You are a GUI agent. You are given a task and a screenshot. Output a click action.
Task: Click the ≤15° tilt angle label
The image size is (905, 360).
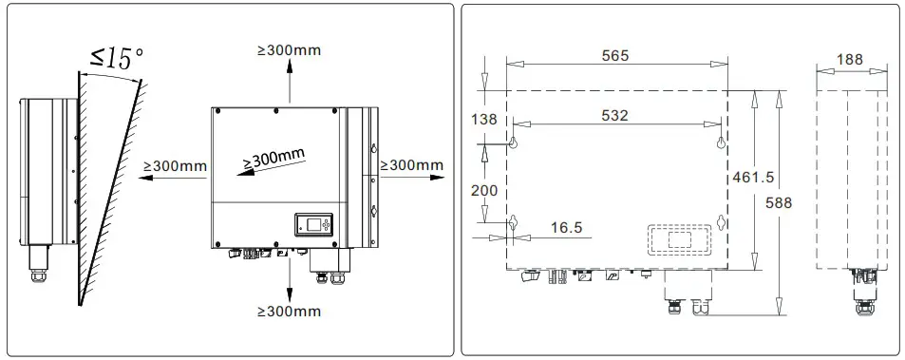[x=116, y=56]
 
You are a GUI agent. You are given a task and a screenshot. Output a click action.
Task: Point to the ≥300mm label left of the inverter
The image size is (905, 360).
[x=175, y=166]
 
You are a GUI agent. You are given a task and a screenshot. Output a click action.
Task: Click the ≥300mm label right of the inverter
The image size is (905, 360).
[x=411, y=165]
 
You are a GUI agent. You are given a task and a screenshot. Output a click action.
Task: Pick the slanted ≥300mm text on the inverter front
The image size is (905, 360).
[x=274, y=159]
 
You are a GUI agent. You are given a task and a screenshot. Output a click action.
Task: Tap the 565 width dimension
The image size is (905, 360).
[x=615, y=56]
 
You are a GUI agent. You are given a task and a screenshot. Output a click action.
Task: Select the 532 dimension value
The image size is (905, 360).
[x=615, y=114]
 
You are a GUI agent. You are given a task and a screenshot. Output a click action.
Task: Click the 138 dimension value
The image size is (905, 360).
[x=484, y=120]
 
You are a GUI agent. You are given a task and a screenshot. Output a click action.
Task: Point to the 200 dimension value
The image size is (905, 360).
[x=484, y=190]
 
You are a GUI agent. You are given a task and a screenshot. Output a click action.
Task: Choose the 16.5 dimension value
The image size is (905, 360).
[x=566, y=228]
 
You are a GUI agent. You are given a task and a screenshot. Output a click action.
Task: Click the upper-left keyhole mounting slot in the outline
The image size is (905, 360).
[x=513, y=142]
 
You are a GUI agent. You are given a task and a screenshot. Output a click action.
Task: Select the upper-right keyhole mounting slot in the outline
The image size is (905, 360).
[x=720, y=142]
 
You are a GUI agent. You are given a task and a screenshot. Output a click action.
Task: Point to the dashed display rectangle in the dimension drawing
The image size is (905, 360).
[x=680, y=238]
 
